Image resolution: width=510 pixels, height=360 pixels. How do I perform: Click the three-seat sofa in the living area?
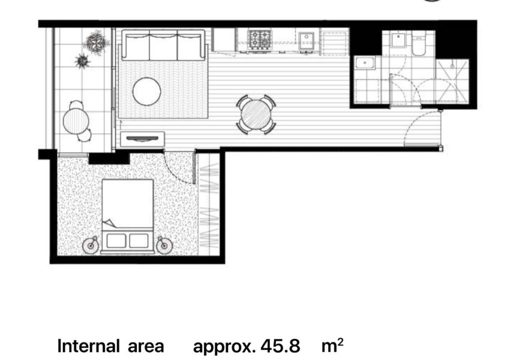164,45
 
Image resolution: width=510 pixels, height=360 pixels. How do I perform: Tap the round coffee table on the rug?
146,91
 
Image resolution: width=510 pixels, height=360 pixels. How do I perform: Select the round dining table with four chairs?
256,115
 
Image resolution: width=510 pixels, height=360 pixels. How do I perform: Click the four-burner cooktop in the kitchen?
260,39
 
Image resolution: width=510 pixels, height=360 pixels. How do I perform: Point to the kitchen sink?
307,41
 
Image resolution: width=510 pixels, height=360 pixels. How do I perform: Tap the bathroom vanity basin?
397,39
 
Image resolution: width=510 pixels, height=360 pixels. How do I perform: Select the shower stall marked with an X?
452,82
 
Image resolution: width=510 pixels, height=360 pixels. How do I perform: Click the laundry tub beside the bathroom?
365,63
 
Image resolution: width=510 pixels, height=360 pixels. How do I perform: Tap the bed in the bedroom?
128,216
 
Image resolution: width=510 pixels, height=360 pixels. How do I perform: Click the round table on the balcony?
76,121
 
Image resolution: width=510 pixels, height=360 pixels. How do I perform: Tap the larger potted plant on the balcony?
96,41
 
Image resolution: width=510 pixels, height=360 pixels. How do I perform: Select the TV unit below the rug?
142,139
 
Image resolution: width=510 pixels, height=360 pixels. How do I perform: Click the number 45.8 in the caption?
280,346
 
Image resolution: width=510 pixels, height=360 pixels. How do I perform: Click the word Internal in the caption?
88,346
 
